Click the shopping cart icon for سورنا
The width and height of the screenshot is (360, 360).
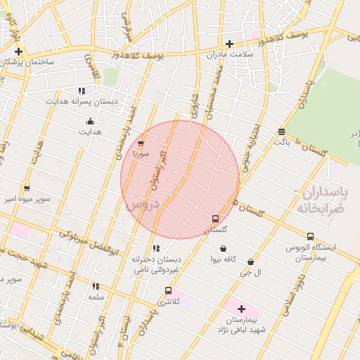pyautogui.click(x=141, y=143)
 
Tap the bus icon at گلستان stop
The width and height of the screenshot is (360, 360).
pyautogui.click(x=215, y=218)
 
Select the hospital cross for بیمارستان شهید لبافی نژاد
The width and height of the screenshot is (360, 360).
pyautogui.click(x=241, y=309)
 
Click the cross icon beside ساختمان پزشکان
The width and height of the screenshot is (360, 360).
pyautogui.click(x=18, y=51)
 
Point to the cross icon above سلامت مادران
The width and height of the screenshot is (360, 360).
pyautogui.click(x=229, y=44)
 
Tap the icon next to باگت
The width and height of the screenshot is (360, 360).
pyautogui.click(x=281, y=131)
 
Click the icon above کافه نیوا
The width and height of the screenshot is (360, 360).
pyautogui.click(x=224, y=248)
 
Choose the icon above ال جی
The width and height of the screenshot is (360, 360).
pyautogui.click(x=250, y=262)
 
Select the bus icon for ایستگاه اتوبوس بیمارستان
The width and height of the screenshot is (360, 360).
pyautogui.click(x=310, y=236)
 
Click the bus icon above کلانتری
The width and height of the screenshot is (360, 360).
pyautogui.click(x=167, y=290)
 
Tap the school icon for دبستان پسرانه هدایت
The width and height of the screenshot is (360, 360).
pyautogui.click(x=82, y=91)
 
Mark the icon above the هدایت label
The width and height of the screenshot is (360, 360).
pyautogui.click(x=89, y=121)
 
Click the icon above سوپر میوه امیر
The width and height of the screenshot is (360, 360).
pyautogui.click(x=27, y=188)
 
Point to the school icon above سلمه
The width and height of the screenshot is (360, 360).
pyautogui.click(x=96, y=286)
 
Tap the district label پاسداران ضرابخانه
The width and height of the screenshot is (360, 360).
pyautogui.click(x=321, y=201)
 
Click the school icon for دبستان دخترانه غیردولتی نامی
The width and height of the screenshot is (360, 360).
pyautogui.click(x=155, y=248)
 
